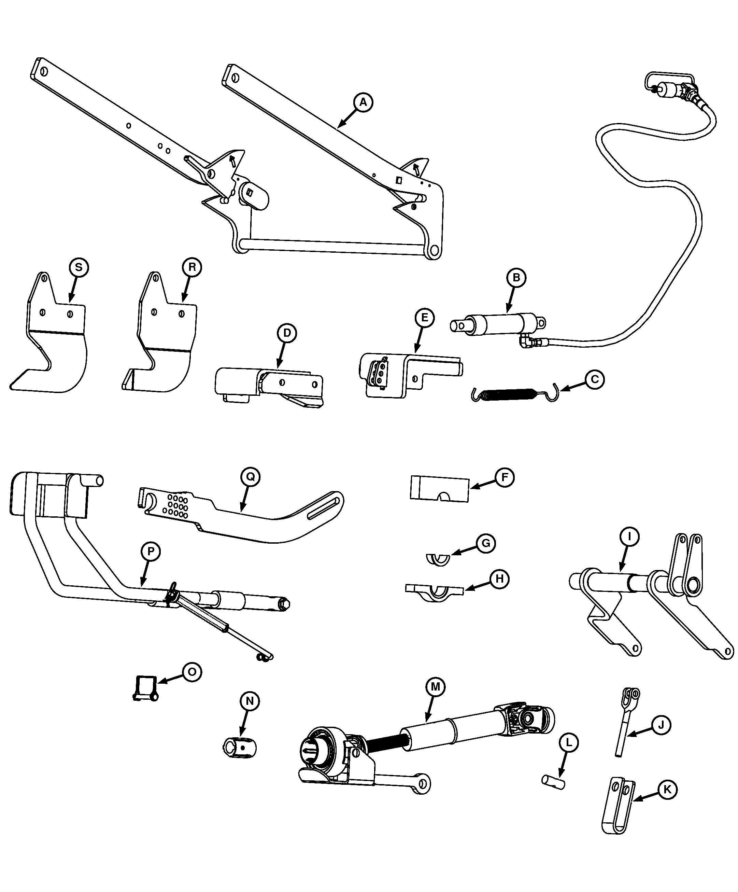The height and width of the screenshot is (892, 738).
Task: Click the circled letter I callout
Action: [630, 537]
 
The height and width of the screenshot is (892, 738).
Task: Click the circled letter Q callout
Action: [250, 477]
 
